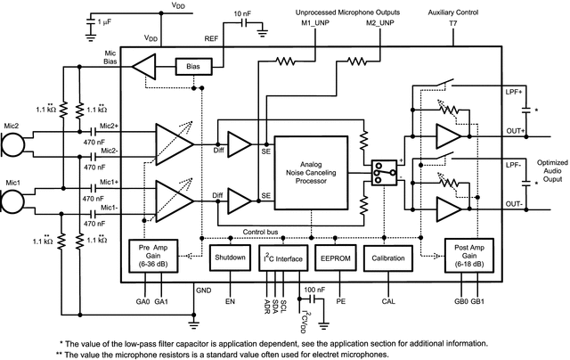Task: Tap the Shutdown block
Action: [228, 259]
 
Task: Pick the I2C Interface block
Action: [281, 259]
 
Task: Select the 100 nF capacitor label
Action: [314, 290]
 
